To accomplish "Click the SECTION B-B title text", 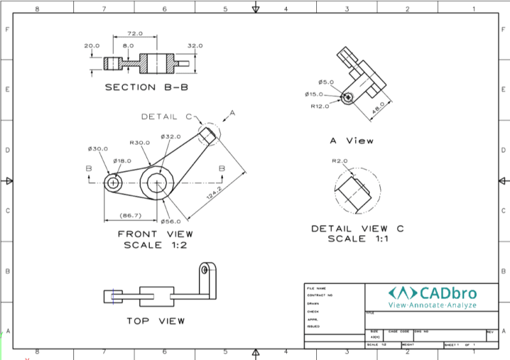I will [x=147, y=87].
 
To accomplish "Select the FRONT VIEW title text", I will [x=156, y=234].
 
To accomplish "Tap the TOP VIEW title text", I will [x=156, y=320].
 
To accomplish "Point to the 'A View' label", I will [x=351, y=141].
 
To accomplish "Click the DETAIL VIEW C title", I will [x=358, y=229].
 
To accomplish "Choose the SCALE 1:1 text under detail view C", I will [x=358, y=240].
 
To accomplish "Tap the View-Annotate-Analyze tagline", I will [x=442, y=306].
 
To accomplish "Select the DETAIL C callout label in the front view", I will [x=166, y=117].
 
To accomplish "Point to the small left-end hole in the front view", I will [x=114, y=182].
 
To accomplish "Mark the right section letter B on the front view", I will [x=222, y=168].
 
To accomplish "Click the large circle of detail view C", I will [x=357, y=191].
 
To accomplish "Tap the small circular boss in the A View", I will [x=348, y=97].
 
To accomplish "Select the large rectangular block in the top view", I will [x=156, y=296].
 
